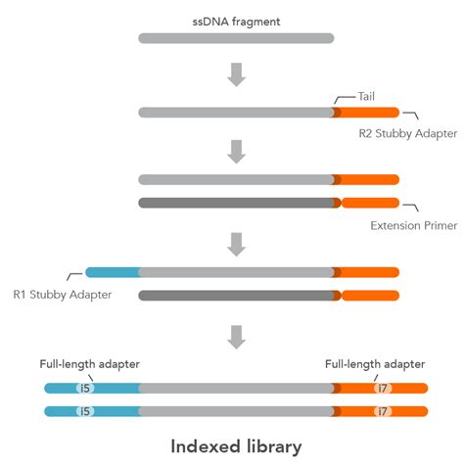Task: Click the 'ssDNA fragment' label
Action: point(236,21)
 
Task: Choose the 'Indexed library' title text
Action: point(236,445)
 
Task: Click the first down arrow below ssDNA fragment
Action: point(236,73)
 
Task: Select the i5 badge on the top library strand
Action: point(86,388)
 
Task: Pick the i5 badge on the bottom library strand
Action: point(86,411)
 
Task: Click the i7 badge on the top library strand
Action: point(382,388)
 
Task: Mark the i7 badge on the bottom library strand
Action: point(382,411)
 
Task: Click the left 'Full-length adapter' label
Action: point(89,364)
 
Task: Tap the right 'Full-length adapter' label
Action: point(375,364)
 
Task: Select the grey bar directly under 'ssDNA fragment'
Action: point(236,39)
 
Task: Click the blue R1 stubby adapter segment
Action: point(113,272)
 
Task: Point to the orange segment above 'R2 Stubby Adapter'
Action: point(370,113)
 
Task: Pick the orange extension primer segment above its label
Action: point(370,203)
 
